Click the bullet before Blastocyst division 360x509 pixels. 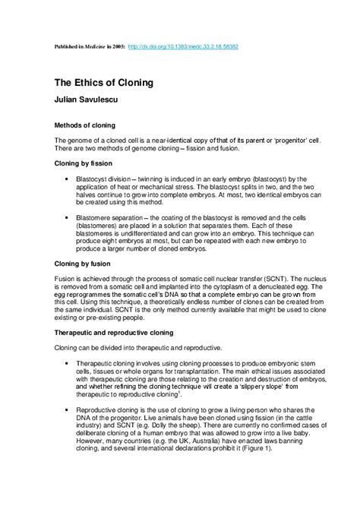67,177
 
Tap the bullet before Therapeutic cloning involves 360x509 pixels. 67,364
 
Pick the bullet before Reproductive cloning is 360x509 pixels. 67,409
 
